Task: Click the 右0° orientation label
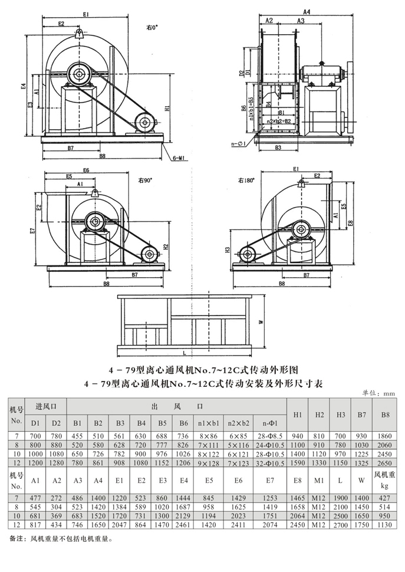tap(153, 27)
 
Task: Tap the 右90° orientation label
tap(145, 180)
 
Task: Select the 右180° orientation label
tap(245, 180)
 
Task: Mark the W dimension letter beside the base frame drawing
tap(261, 321)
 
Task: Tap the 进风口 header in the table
tap(46, 406)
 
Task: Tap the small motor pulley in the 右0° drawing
tap(143, 123)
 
